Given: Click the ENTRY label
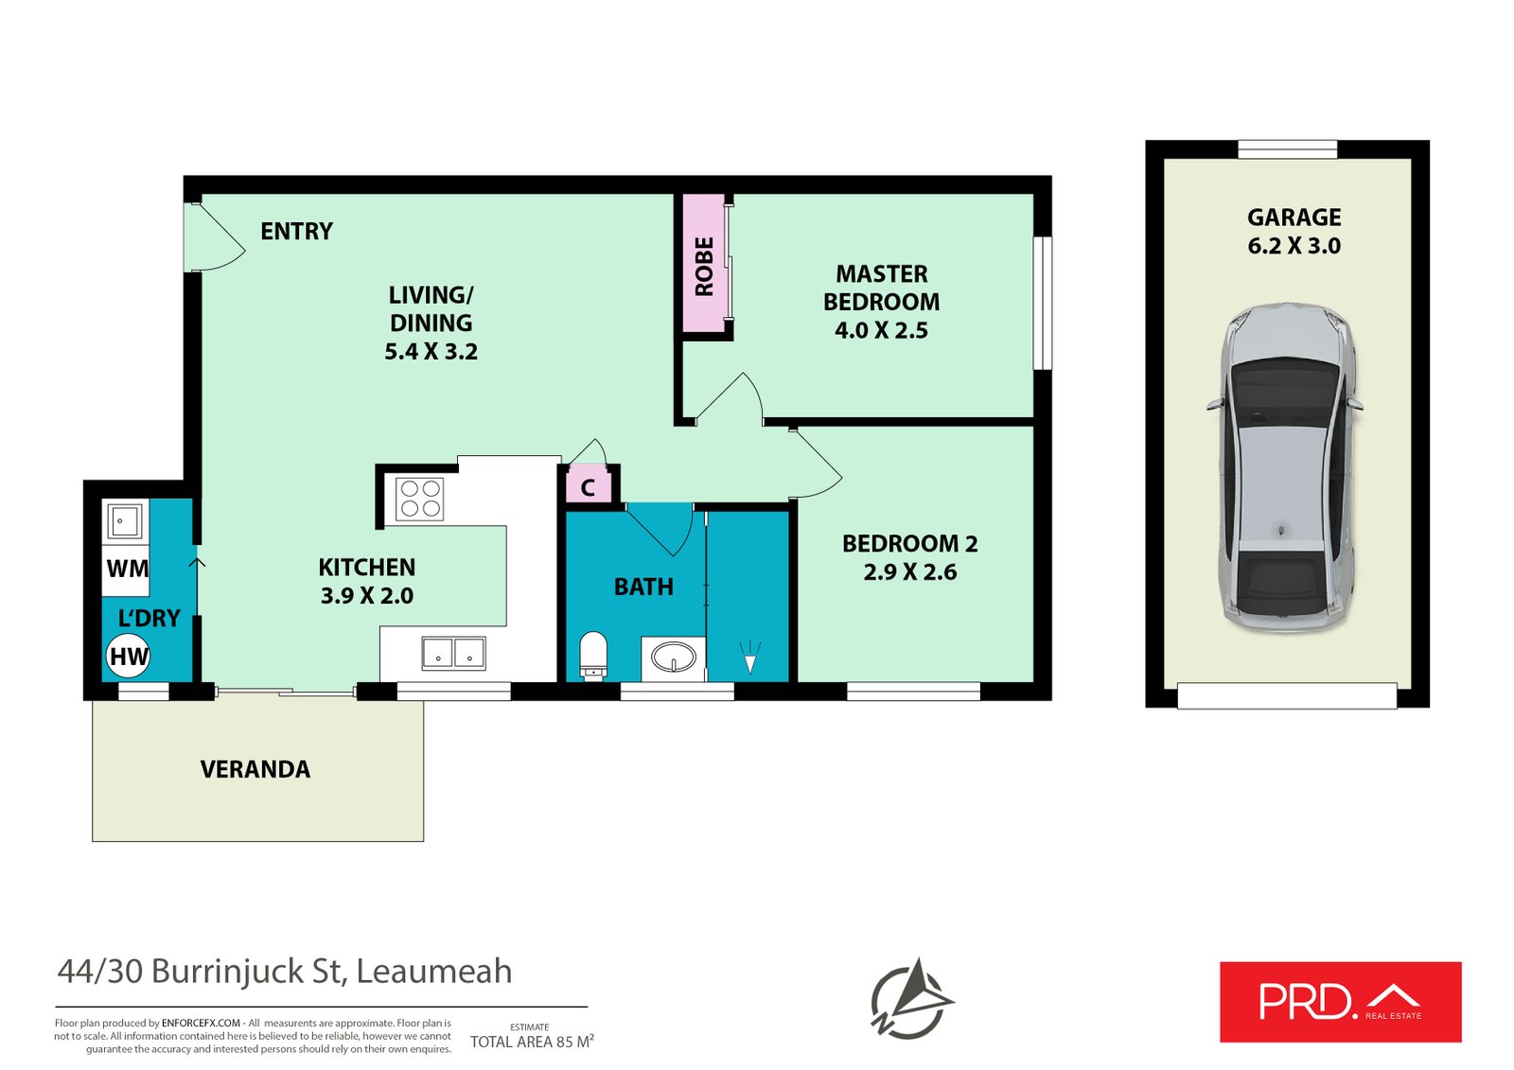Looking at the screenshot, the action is point(297,231).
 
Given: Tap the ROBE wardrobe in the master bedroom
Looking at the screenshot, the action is point(704,264).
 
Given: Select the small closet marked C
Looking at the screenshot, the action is point(588,487).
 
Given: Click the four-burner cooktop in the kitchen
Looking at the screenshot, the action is point(419,499).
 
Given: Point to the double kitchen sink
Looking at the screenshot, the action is point(453,653).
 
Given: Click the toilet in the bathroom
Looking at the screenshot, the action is point(593,655).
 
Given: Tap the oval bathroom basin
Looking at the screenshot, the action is point(673,656).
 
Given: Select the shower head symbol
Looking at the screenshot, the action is point(749,657).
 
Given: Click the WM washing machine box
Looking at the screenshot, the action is point(126,569).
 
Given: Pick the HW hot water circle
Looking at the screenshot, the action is point(128,656).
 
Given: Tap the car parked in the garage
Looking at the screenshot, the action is point(1284,467).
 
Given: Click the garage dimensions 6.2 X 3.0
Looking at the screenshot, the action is point(1294,245).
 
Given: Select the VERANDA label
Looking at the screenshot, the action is point(255,769).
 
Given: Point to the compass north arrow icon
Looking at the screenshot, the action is point(912,998).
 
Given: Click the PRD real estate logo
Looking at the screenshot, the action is point(1340,1002).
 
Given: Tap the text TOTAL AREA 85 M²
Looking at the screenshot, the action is point(532,1042).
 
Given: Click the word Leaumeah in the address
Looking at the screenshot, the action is point(434,972).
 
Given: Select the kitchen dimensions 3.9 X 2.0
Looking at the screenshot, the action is point(367,595).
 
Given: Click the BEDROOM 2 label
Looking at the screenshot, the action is point(909,543).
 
